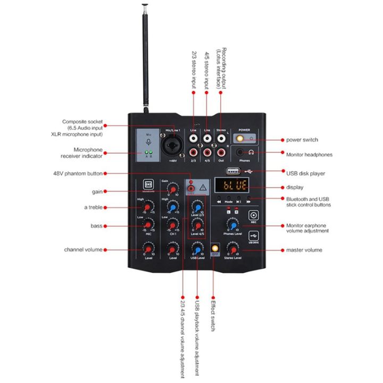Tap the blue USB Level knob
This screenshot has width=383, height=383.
point(197,248)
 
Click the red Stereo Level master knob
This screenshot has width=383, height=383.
point(233,248)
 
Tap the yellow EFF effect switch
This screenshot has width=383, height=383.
point(215,248)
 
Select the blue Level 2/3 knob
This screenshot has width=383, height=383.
point(197,206)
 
